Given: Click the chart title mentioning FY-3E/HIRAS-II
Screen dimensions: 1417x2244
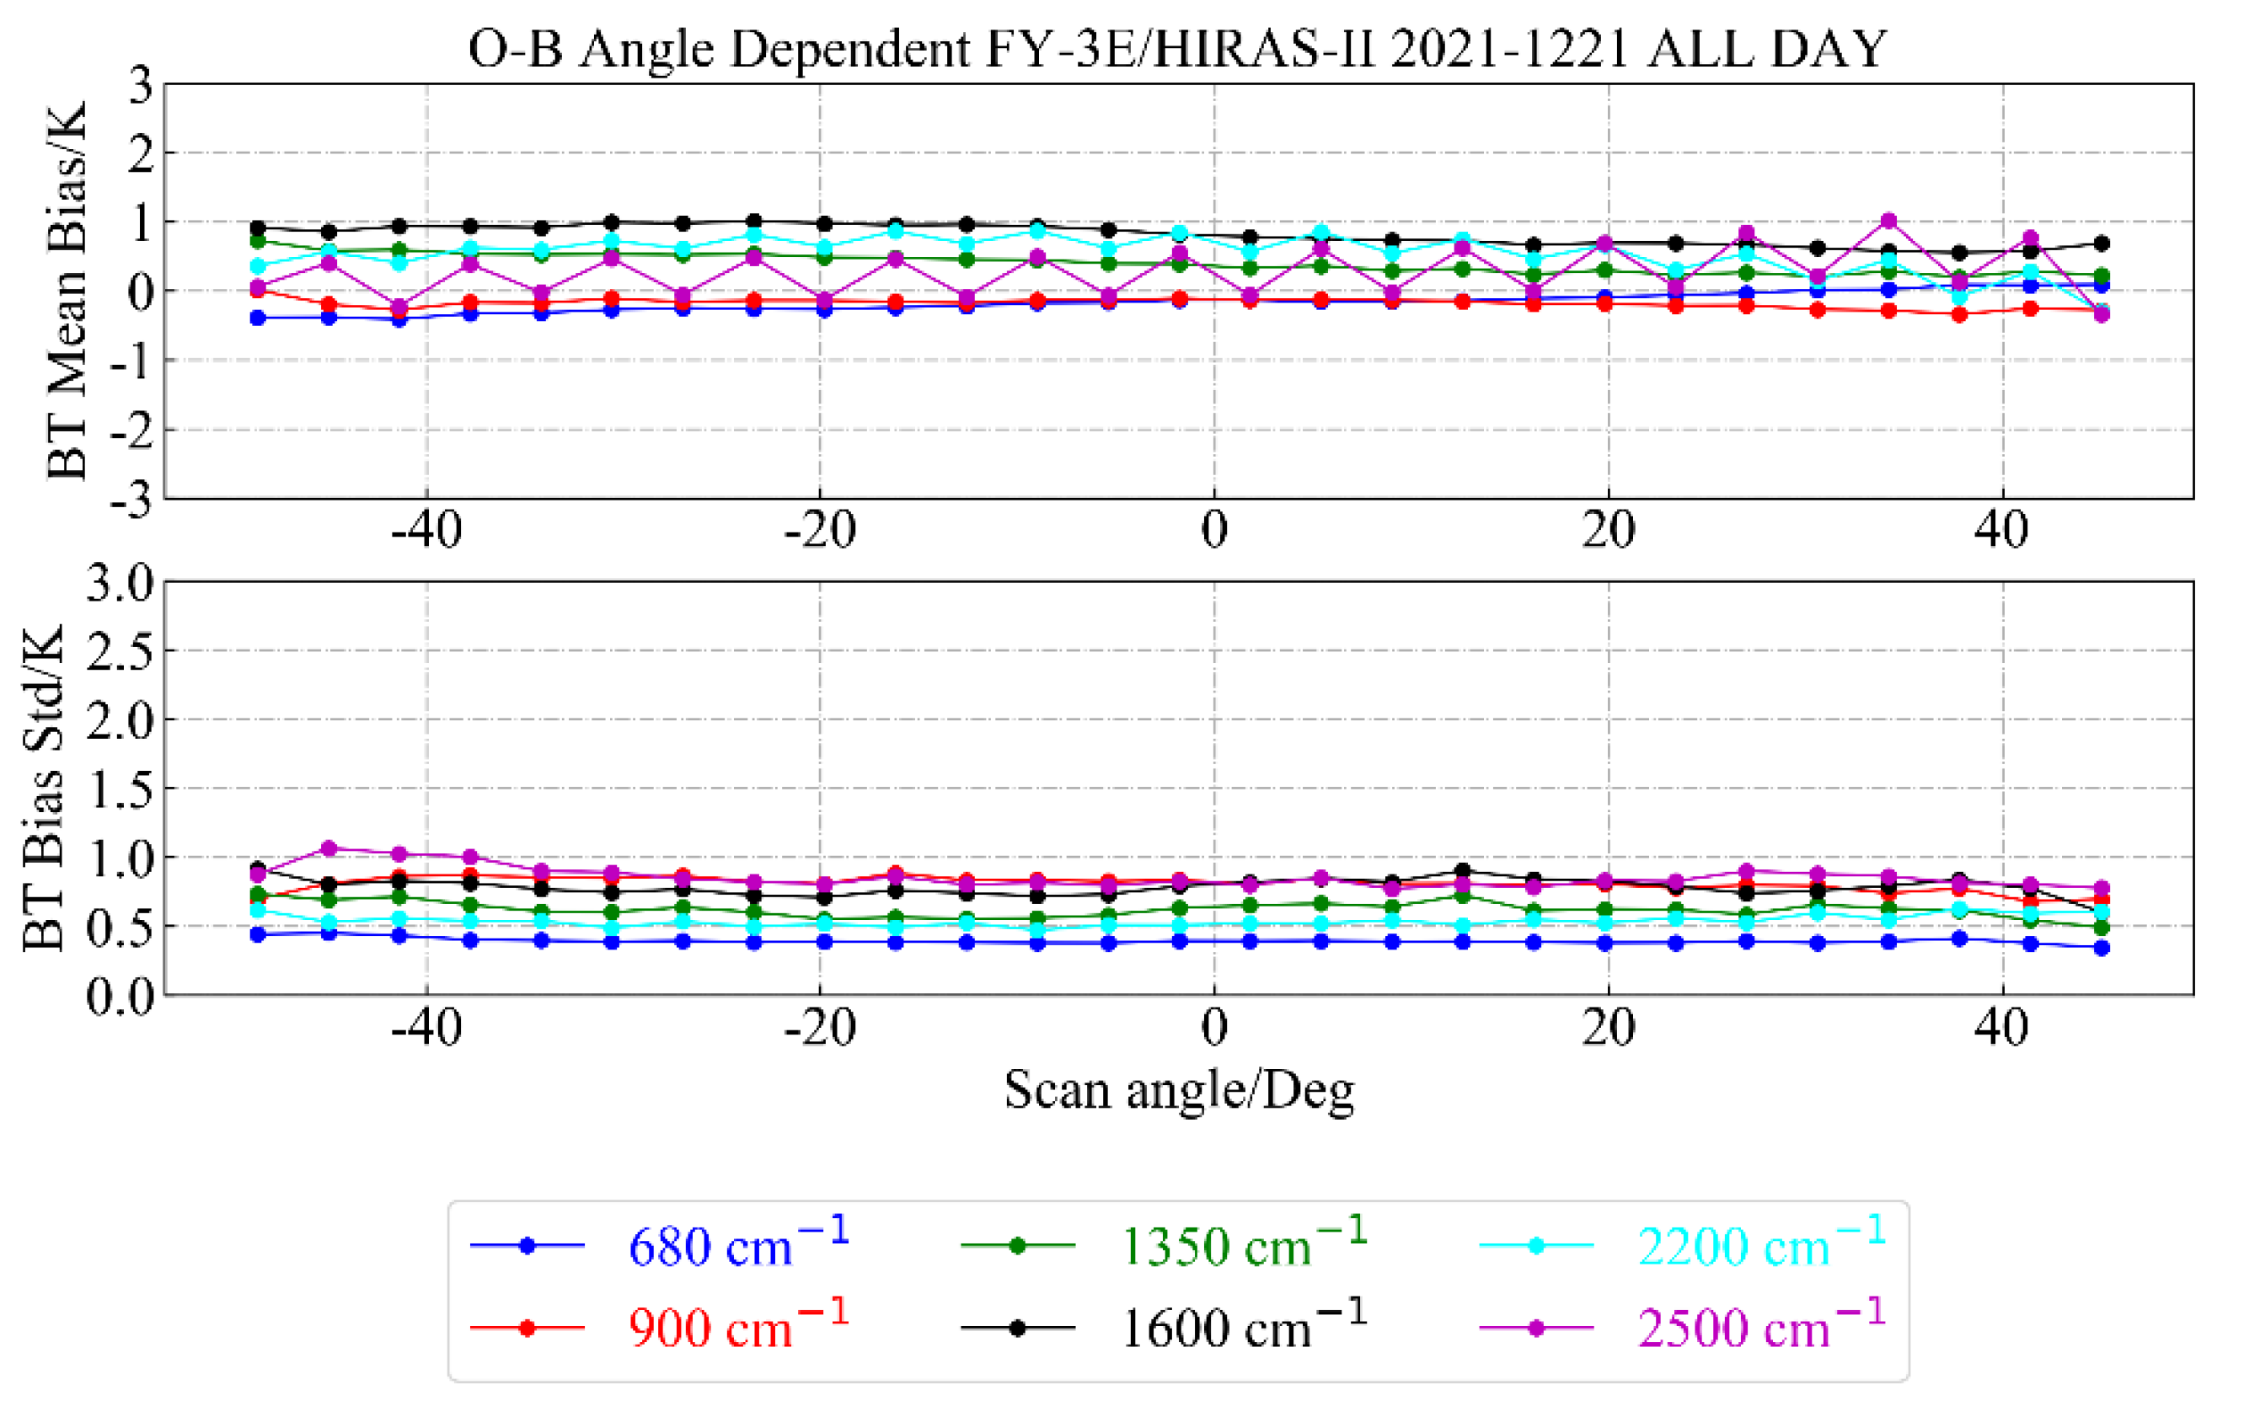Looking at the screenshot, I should tap(1177, 49).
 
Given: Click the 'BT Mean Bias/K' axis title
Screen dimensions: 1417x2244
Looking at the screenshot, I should tap(67, 291).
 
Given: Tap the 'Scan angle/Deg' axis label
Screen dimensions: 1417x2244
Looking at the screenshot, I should tap(1179, 1090).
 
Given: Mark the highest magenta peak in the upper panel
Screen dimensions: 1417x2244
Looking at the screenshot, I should tap(1889, 221).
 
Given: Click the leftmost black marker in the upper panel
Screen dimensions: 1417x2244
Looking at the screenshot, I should tap(258, 227).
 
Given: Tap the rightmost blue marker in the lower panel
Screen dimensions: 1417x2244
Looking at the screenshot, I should tap(2102, 949).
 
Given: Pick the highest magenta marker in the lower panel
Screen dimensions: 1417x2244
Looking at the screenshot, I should tap(329, 848).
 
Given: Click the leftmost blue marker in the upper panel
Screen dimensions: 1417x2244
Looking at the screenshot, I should tap(258, 318).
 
